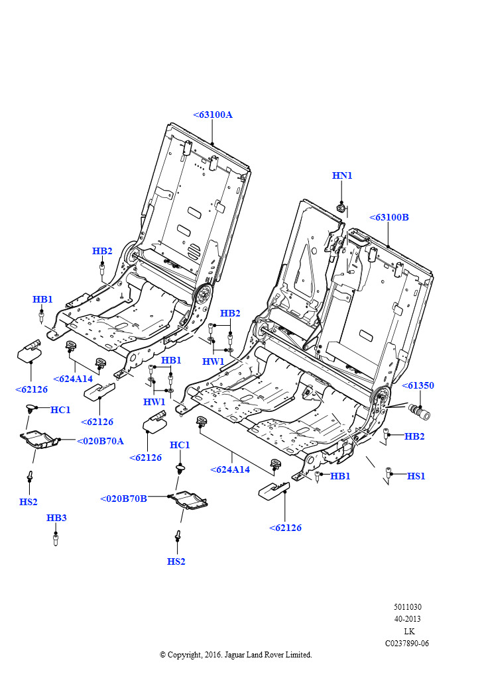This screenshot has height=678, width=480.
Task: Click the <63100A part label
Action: (213, 115)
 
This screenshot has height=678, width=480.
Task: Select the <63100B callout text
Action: (389, 217)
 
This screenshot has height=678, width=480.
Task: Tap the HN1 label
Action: (342, 175)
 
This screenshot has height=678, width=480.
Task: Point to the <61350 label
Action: (418, 385)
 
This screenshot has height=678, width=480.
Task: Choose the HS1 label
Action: (416, 476)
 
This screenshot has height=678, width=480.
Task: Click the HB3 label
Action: (56, 518)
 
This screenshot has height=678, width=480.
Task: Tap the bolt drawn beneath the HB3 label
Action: (56, 538)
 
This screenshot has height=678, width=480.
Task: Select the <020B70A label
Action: (100, 441)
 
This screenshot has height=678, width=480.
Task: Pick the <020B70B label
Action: (124, 499)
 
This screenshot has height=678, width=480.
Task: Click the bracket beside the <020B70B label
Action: (189, 500)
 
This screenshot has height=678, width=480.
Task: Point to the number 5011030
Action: (408, 607)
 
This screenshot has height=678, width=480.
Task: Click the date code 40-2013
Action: (408, 619)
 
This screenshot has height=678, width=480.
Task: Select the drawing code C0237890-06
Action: (407, 643)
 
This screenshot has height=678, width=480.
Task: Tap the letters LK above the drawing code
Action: (408, 631)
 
